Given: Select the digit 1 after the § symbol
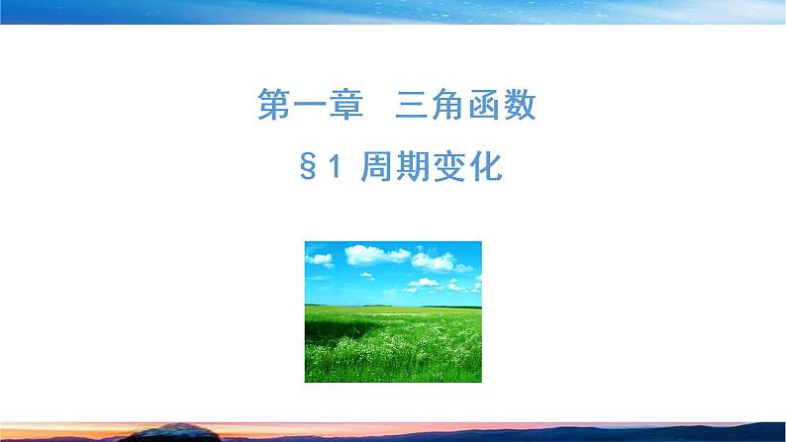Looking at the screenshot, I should click(x=334, y=167).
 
